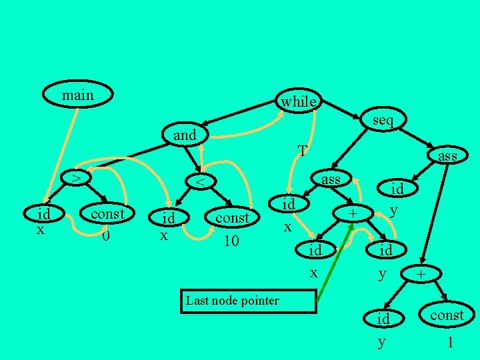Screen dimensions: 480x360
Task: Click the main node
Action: coord(77,96)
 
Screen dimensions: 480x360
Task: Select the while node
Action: coord(299,101)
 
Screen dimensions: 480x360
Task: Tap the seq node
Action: coord(383,120)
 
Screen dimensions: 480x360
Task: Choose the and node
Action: coord(185,135)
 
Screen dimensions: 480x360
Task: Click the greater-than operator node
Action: coord(77,178)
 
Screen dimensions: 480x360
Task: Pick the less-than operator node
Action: coord(199,181)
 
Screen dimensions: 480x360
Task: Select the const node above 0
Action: coord(107,214)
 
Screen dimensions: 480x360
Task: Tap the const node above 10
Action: coord(231,217)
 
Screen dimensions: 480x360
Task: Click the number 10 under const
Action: coord(231,240)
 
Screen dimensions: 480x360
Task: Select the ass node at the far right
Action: coord(447,155)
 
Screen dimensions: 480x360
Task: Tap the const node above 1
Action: coord(446,315)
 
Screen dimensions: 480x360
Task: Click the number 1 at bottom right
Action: coord(450,342)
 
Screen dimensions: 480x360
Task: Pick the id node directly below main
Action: coord(44,215)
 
